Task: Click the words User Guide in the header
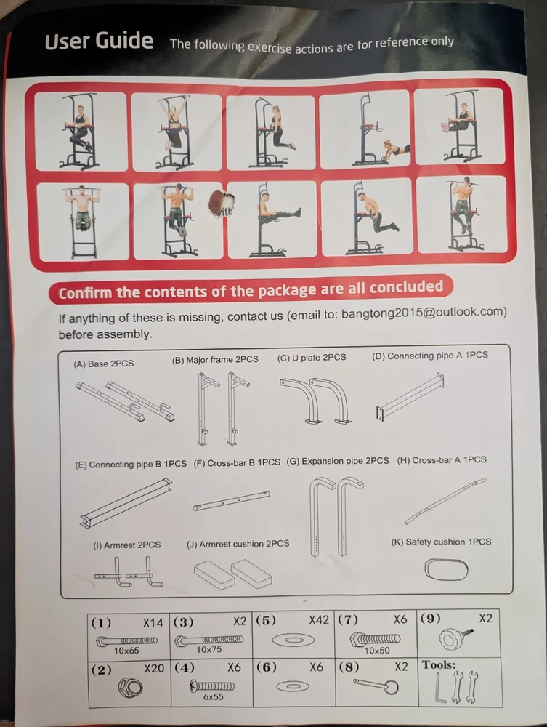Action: [99, 41]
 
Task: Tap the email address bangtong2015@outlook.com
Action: [424, 312]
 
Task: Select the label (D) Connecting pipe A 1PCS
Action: [430, 356]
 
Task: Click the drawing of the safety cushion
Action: [446, 570]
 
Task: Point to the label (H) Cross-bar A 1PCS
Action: [442, 460]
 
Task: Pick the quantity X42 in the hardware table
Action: [319, 620]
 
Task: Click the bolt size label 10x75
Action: [209, 650]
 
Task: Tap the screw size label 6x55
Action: [213, 696]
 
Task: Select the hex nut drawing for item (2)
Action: [130, 686]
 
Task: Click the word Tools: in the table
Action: [439, 665]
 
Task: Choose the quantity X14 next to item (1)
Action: [153, 623]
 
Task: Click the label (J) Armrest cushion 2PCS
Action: [238, 543]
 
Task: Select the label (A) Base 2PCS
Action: [104, 364]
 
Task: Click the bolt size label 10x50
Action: [376, 651]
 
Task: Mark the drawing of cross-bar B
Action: [232, 501]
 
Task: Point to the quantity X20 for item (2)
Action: [154, 669]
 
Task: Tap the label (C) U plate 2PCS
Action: [312, 358]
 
